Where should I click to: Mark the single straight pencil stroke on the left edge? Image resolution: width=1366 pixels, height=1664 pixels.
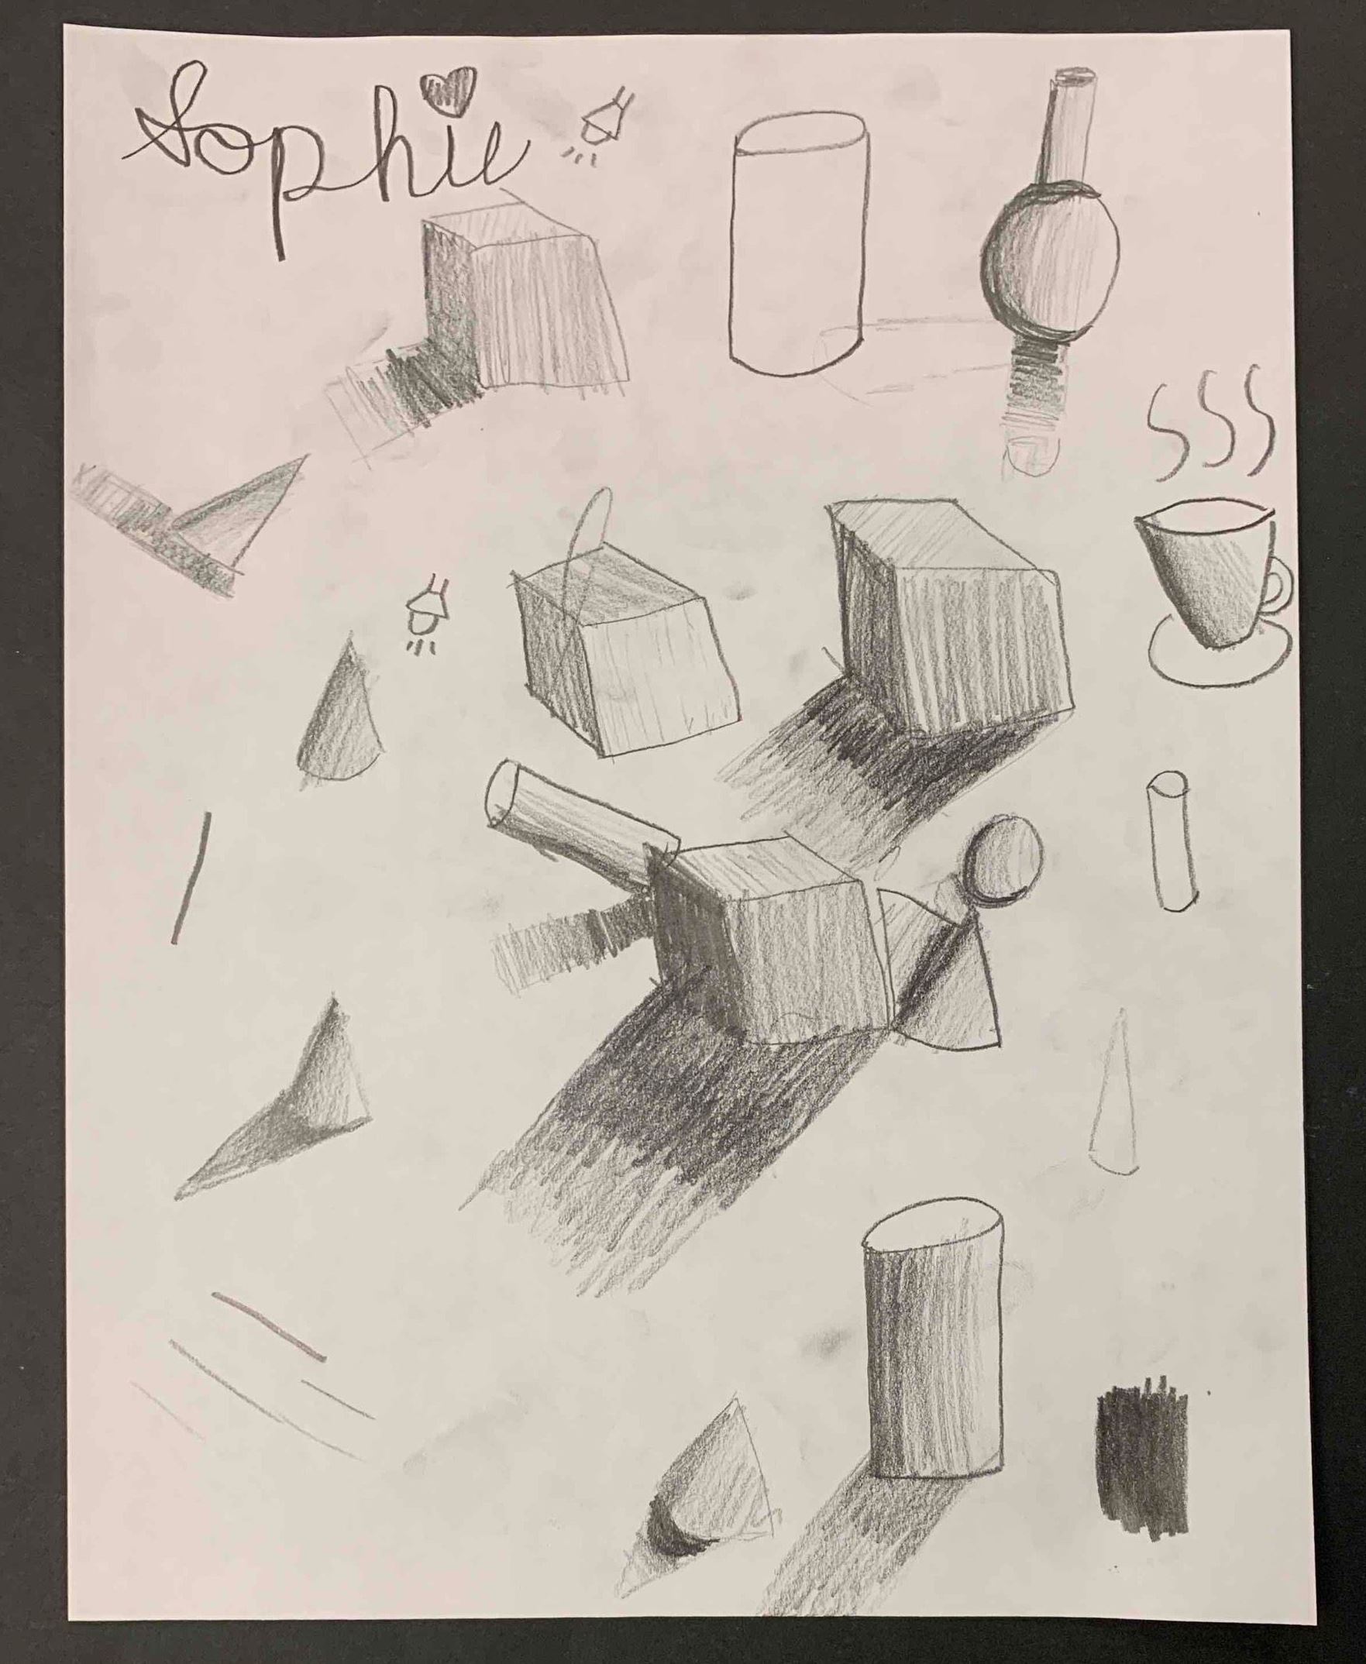(191, 877)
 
